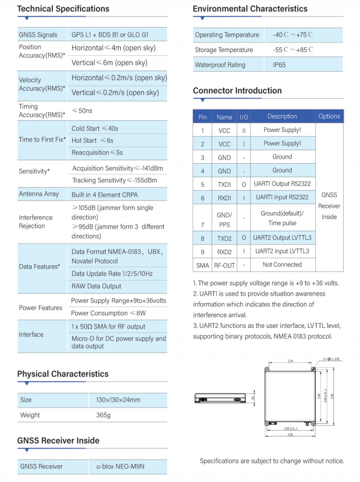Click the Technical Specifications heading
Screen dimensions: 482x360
pos(63,9)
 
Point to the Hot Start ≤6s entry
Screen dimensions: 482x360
pos(93,141)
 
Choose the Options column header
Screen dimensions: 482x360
pos(329,116)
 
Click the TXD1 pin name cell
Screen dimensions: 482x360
pos(224,184)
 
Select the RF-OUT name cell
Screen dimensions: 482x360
pos(224,265)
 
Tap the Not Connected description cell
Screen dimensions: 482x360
pos(282,265)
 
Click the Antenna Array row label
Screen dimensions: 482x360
pos(39,194)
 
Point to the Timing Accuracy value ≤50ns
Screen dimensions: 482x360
pos(83,111)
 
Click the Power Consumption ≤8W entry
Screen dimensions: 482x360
pos(108,313)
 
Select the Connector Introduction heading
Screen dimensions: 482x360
pos(237,91)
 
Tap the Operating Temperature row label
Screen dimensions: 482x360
pos(227,35)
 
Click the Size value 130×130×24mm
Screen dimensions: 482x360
pos(118,400)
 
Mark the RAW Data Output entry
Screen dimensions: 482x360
pos(96,286)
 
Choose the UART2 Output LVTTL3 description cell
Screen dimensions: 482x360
pos(282,238)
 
